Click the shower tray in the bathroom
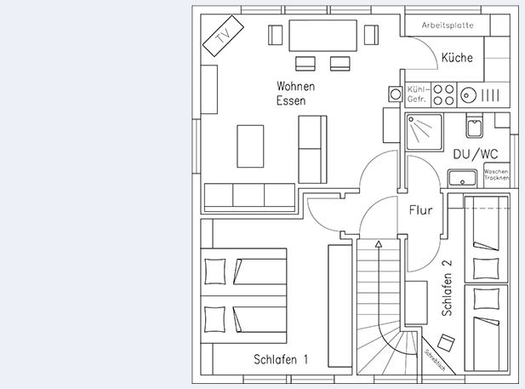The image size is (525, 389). [x=423, y=131]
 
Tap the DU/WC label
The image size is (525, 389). [x=475, y=154]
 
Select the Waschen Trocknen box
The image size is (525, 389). [x=495, y=174]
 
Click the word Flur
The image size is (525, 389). [x=421, y=209]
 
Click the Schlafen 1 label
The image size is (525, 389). [x=280, y=359]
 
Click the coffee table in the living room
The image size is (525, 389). [x=250, y=146]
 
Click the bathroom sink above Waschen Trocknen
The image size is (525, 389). [x=463, y=177]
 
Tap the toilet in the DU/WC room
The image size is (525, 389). [x=474, y=127]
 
